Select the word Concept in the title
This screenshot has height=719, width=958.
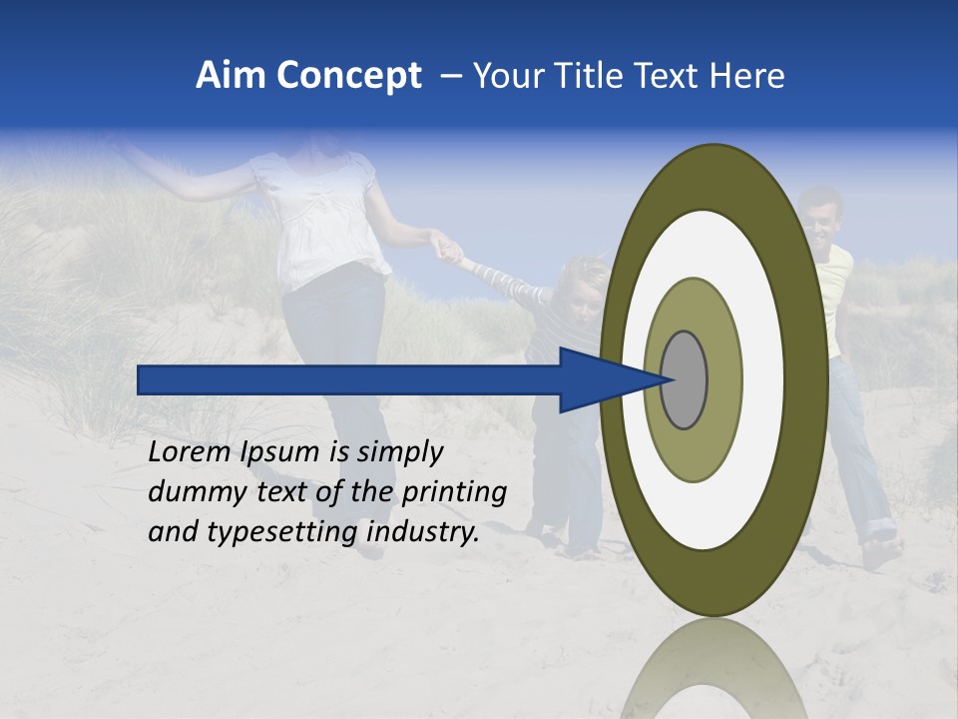click(x=349, y=77)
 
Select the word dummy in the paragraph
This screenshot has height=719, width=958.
click(x=189, y=492)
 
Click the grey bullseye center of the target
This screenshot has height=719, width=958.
click(x=685, y=379)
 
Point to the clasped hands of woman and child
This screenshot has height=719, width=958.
click(x=445, y=244)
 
